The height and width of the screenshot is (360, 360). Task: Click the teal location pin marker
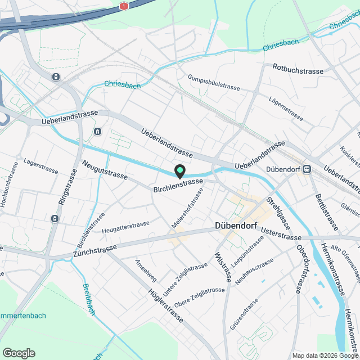(x=179, y=170)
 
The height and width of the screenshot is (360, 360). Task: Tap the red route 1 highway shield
(x=124, y=6)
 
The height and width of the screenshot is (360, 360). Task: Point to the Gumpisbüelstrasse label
(x=214, y=83)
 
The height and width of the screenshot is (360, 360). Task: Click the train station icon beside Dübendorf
(x=307, y=169)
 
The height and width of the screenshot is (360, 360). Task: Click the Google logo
(x=19, y=353)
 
